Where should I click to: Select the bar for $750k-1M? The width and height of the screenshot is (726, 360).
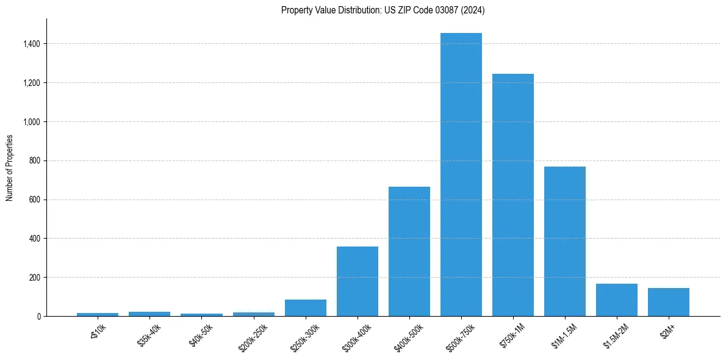tap(513, 195)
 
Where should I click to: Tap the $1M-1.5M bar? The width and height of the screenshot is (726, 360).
tap(565, 242)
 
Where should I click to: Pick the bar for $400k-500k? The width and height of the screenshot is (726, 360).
tap(409, 251)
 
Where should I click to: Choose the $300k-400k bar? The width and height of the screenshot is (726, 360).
tap(358, 281)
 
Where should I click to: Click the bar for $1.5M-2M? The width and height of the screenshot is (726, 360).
tap(617, 300)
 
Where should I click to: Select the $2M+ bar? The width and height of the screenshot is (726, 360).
tap(669, 302)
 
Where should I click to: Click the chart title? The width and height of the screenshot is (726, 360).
tap(383, 10)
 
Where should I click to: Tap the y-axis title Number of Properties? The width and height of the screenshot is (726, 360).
tap(10, 168)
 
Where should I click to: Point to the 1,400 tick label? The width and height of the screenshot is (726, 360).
tap(32, 44)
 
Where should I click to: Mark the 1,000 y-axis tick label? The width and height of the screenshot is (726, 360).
tap(32, 121)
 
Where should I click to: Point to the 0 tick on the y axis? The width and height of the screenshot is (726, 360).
tap(38, 316)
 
